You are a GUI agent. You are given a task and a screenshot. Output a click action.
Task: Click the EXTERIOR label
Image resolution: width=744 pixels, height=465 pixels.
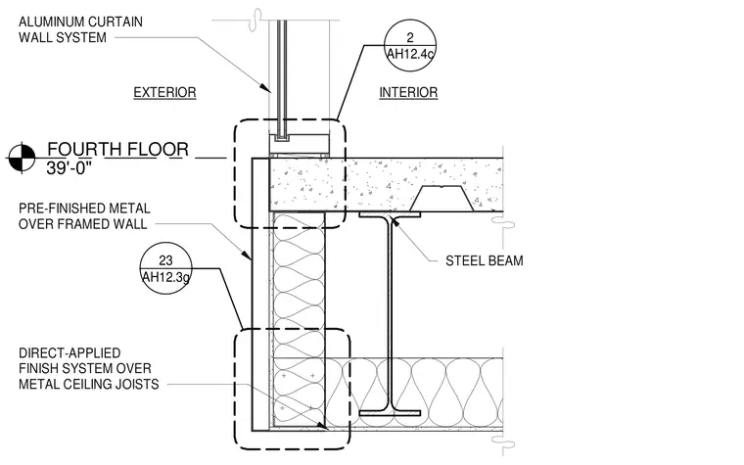(164, 93)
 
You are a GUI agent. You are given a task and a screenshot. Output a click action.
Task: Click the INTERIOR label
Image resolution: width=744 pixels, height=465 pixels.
(408, 93)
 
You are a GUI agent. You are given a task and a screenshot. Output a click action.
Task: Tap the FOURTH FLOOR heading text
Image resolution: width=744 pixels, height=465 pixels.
(117, 150)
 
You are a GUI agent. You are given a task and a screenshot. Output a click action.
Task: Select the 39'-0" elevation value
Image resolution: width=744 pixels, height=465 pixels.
(69, 168)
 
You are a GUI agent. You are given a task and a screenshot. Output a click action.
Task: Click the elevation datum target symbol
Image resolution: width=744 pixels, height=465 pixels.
(22, 158)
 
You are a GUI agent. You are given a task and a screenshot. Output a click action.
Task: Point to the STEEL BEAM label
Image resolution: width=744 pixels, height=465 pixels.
(484, 261)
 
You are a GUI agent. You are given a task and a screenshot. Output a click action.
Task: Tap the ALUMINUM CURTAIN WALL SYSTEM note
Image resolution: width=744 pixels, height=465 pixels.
(80, 29)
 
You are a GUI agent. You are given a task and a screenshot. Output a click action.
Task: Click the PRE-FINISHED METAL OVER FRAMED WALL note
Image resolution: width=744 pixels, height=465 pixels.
(84, 216)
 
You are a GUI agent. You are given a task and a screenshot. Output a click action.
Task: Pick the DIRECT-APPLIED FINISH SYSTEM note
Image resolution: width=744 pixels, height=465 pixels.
(89, 369)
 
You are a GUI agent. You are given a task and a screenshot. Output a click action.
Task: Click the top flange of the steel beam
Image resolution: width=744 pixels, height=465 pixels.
(390, 214)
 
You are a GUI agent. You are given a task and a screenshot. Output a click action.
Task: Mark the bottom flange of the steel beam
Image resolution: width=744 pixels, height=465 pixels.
(390, 413)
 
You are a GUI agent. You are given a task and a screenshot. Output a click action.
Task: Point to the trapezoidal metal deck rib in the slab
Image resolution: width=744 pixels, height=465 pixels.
(442, 199)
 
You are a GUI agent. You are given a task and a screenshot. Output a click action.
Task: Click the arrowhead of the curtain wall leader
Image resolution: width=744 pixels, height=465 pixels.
(267, 89)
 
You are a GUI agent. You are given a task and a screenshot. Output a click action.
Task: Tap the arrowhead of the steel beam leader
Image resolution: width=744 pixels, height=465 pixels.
(392, 221)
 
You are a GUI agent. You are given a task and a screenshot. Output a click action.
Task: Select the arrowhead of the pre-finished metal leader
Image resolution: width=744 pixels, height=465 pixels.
(248, 256)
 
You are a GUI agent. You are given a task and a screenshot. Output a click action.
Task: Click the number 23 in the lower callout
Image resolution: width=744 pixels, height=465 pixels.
(165, 260)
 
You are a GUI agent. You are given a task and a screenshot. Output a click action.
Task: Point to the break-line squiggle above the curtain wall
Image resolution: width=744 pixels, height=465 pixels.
(257, 20)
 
